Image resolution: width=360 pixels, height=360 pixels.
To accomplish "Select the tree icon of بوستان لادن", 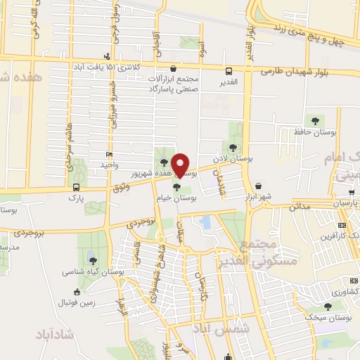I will click(232, 147).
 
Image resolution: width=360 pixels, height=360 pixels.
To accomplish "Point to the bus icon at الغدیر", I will click(229, 70).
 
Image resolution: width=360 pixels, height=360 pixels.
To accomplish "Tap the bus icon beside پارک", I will click(76, 187).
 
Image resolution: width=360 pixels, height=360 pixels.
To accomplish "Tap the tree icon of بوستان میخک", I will click(327, 307).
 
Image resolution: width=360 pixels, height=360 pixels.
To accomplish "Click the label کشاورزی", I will click(345, 291).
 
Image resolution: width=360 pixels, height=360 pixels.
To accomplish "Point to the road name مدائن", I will click(300, 207).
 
